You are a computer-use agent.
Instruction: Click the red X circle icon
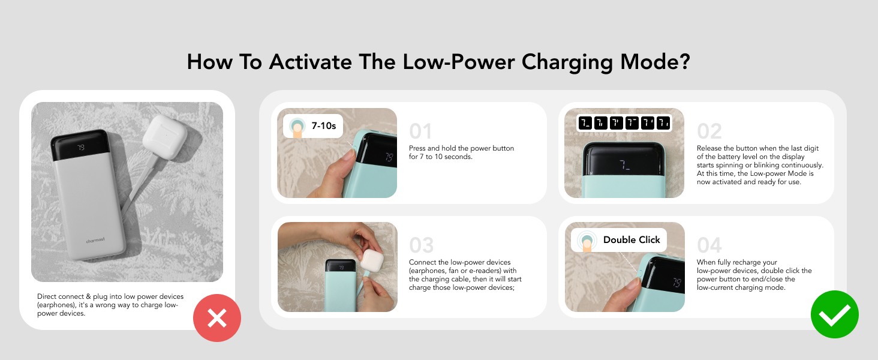pyautogui.click(x=217, y=319)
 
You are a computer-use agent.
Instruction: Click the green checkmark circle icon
pyautogui.click(x=834, y=314)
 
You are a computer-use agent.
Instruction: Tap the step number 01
pyautogui.click(x=420, y=131)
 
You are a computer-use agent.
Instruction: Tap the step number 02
pyautogui.click(x=709, y=131)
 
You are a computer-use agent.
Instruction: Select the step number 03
pyautogui.click(x=421, y=245)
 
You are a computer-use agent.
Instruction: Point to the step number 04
pyautogui.click(x=709, y=245)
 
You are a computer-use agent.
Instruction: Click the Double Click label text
pyautogui.click(x=632, y=240)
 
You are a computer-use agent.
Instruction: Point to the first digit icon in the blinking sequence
pyautogui.click(x=585, y=124)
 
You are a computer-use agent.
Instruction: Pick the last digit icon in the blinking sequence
pyautogui.click(x=663, y=124)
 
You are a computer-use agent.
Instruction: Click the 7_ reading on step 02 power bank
pyautogui.click(x=624, y=164)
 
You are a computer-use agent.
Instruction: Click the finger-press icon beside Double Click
pyautogui.click(x=586, y=241)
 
